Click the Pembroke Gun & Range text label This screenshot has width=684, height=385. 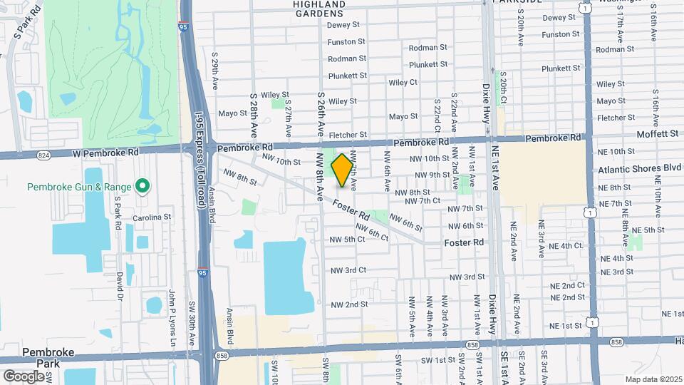tap(79, 187)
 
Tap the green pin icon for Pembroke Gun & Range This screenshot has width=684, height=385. tap(142, 187)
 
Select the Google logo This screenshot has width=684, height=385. tap(24, 376)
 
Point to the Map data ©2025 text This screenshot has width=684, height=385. tap(654, 379)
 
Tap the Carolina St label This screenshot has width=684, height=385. tap(152, 217)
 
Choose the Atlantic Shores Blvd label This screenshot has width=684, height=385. tap(639, 169)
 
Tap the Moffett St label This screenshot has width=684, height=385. tap(658, 133)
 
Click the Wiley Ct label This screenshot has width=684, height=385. tap(403, 83)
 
